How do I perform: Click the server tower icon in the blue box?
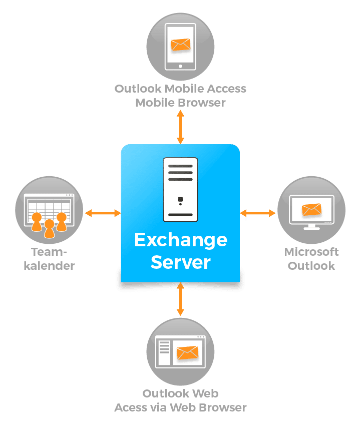pyautogui.click(x=180, y=189)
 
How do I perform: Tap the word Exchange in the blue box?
pyautogui.click(x=180, y=241)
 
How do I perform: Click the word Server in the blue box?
pyautogui.click(x=180, y=262)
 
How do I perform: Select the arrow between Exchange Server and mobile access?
pyautogui.click(x=180, y=127)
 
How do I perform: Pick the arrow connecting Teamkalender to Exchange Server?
pyautogui.click(x=103, y=213)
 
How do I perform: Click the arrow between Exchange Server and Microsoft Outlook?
pyautogui.click(x=258, y=213)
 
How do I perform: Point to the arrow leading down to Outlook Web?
pyautogui.click(x=180, y=299)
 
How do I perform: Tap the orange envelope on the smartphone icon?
pyautogui.click(x=180, y=44)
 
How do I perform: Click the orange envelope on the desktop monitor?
pyautogui.click(x=311, y=209)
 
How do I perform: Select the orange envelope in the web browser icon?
pyautogui.click(x=187, y=353)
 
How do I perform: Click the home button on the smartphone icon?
pyautogui.click(x=180, y=65)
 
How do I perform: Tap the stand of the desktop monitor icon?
pyautogui.click(x=311, y=226)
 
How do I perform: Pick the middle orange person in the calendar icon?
pyautogui.click(x=49, y=228)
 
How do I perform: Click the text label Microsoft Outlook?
pyautogui.click(x=311, y=258)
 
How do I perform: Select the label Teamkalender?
pyautogui.click(x=49, y=258)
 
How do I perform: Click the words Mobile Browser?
pyautogui.click(x=180, y=103)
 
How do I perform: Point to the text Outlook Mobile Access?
pyautogui.click(x=180, y=89)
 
